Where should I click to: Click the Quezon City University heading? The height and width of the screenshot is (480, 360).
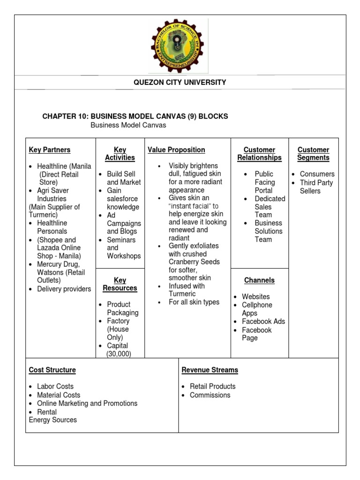(x=180, y=82)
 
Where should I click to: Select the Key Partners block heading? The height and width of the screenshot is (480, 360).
(x=50, y=150)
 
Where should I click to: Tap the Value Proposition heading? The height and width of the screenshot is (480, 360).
(x=176, y=150)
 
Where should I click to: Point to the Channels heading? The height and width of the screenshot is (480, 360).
(x=259, y=280)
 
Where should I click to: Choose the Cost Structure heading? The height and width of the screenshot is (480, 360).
(x=52, y=370)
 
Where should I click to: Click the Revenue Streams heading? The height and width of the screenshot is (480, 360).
(x=210, y=370)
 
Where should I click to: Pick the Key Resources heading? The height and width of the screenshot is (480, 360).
(x=120, y=284)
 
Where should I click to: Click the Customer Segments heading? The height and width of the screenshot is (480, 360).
(x=313, y=154)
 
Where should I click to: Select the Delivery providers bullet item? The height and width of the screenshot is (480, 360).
(x=64, y=289)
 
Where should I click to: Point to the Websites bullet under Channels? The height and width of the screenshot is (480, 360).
(x=255, y=297)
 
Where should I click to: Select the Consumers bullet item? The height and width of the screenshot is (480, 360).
(x=317, y=174)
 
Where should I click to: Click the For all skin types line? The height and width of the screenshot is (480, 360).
(x=194, y=302)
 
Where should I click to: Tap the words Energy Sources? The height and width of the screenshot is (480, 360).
(x=52, y=420)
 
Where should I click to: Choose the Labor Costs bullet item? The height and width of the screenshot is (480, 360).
(x=55, y=387)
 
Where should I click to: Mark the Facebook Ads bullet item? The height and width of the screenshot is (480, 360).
(x=263, y=322)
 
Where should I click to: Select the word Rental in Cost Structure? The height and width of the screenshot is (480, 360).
(x=47, y=412)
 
